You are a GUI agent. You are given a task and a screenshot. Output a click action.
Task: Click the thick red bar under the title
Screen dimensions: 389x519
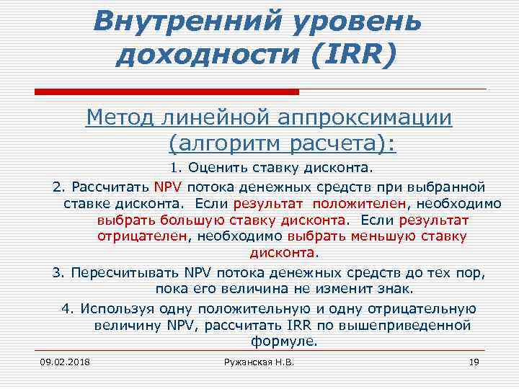(167, 92)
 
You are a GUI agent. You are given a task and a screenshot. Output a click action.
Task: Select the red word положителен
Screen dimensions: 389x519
(363, 203)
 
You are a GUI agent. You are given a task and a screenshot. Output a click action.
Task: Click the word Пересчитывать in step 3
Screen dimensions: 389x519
(125, 274)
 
